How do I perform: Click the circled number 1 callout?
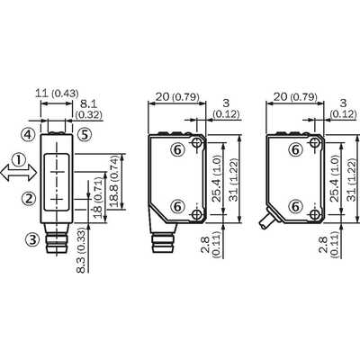point(19,159)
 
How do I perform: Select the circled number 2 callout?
point(29,198)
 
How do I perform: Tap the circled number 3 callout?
point(31,239)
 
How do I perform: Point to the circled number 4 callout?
point(27,135)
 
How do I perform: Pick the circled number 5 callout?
point(85,135)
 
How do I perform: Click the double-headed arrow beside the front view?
point(19,174)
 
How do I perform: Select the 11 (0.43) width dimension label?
point(57,93)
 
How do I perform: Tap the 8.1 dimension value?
point(89,104)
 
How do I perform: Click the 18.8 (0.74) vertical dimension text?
point(113,182)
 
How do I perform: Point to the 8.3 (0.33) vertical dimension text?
point(80,247)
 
